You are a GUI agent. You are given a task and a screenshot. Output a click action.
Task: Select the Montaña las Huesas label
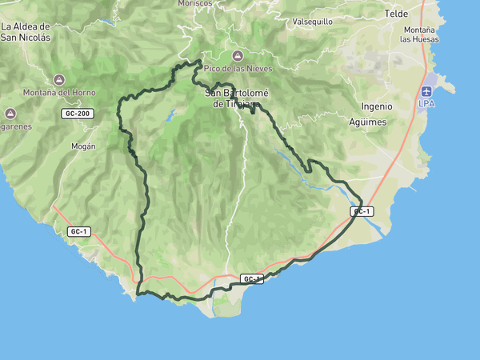pyautogui.click(x=419, y=34)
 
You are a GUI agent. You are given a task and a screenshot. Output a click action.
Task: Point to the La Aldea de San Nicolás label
pyautogui.click(x=26, y=31)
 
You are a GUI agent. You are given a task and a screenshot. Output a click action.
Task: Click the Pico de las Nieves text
pyautogui.click(x=238, y=69)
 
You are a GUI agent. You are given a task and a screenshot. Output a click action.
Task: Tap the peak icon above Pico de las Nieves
pyautogui.click(x=238, y=55)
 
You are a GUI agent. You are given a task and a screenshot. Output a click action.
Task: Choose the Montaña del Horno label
pyautogui.click(x=59, y=93)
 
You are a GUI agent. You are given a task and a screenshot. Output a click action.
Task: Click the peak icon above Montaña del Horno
pyautogui.click(x=59, y=79)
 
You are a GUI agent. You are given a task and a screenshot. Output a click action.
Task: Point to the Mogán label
pyautogui.click(x=83, y=146)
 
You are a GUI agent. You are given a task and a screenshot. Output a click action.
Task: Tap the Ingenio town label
pyautogui.click(x=377, y=106)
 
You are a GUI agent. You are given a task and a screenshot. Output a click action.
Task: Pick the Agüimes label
pyautogui.click(x=368, y=122)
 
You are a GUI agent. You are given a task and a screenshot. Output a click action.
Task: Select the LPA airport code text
pyautogui.click(x=427, y=104)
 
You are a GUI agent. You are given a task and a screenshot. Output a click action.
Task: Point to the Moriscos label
pyautogui.click(x=197, y=3)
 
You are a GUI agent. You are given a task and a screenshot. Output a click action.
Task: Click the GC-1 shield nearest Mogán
pyautogui.click(x=78, y=232)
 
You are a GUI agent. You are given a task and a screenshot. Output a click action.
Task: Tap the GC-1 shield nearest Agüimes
pyautogui.click(x=362, y=211)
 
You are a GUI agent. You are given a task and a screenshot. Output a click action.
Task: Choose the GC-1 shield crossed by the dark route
pyautogui.click(x=252, y=278)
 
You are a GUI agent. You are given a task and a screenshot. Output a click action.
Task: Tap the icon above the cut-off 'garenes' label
pyautogui.click(x=11, y=113)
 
